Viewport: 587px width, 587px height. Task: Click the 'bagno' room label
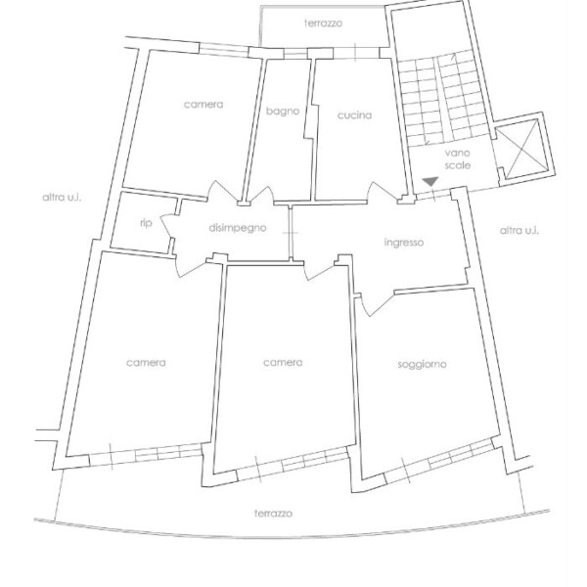coord(283,112)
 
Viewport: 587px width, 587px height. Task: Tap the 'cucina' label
coord(354,114)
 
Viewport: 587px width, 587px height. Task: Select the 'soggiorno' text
coord(422,364)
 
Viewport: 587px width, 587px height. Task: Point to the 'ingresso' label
coord(404,243)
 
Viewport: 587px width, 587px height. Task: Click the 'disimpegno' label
coord(238,228)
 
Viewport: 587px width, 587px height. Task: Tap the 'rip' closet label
coord(146,223)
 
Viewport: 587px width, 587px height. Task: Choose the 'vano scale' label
coord(458,159)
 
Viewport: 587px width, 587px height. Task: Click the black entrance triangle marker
coord(430,182)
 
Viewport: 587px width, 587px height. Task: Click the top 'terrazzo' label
coord(324,23)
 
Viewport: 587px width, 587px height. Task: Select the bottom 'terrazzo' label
coord(273,514)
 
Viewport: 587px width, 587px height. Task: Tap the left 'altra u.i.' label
coord(62,198)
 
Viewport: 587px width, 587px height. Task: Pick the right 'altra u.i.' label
coord(519,230)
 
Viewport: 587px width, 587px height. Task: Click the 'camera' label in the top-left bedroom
coord(203,105)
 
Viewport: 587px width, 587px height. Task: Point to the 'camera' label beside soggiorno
coord(283,362)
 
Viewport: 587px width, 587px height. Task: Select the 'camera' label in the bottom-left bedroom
coord(146,363)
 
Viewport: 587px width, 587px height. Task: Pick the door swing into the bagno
coord(262,194)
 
